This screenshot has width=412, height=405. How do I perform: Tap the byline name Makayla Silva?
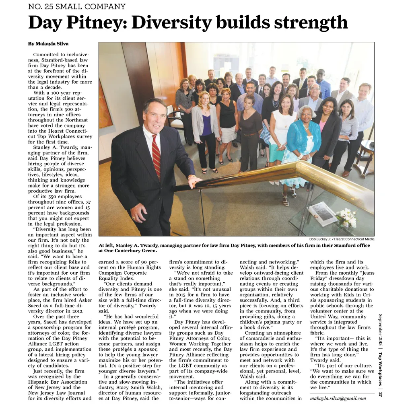click(x=54, y=43)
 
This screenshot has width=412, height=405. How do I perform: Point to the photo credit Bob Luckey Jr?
click(x=323, y=239)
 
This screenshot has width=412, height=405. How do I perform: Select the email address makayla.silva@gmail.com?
click(x=338, y=398)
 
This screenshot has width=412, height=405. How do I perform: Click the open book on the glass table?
click(x=323, y=213)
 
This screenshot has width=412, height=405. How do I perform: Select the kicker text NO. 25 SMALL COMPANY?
click(x=77, y=6)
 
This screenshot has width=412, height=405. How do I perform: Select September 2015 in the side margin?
click(x=380, y=331)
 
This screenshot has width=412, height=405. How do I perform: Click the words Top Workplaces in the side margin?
click(x=380, y=368)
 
